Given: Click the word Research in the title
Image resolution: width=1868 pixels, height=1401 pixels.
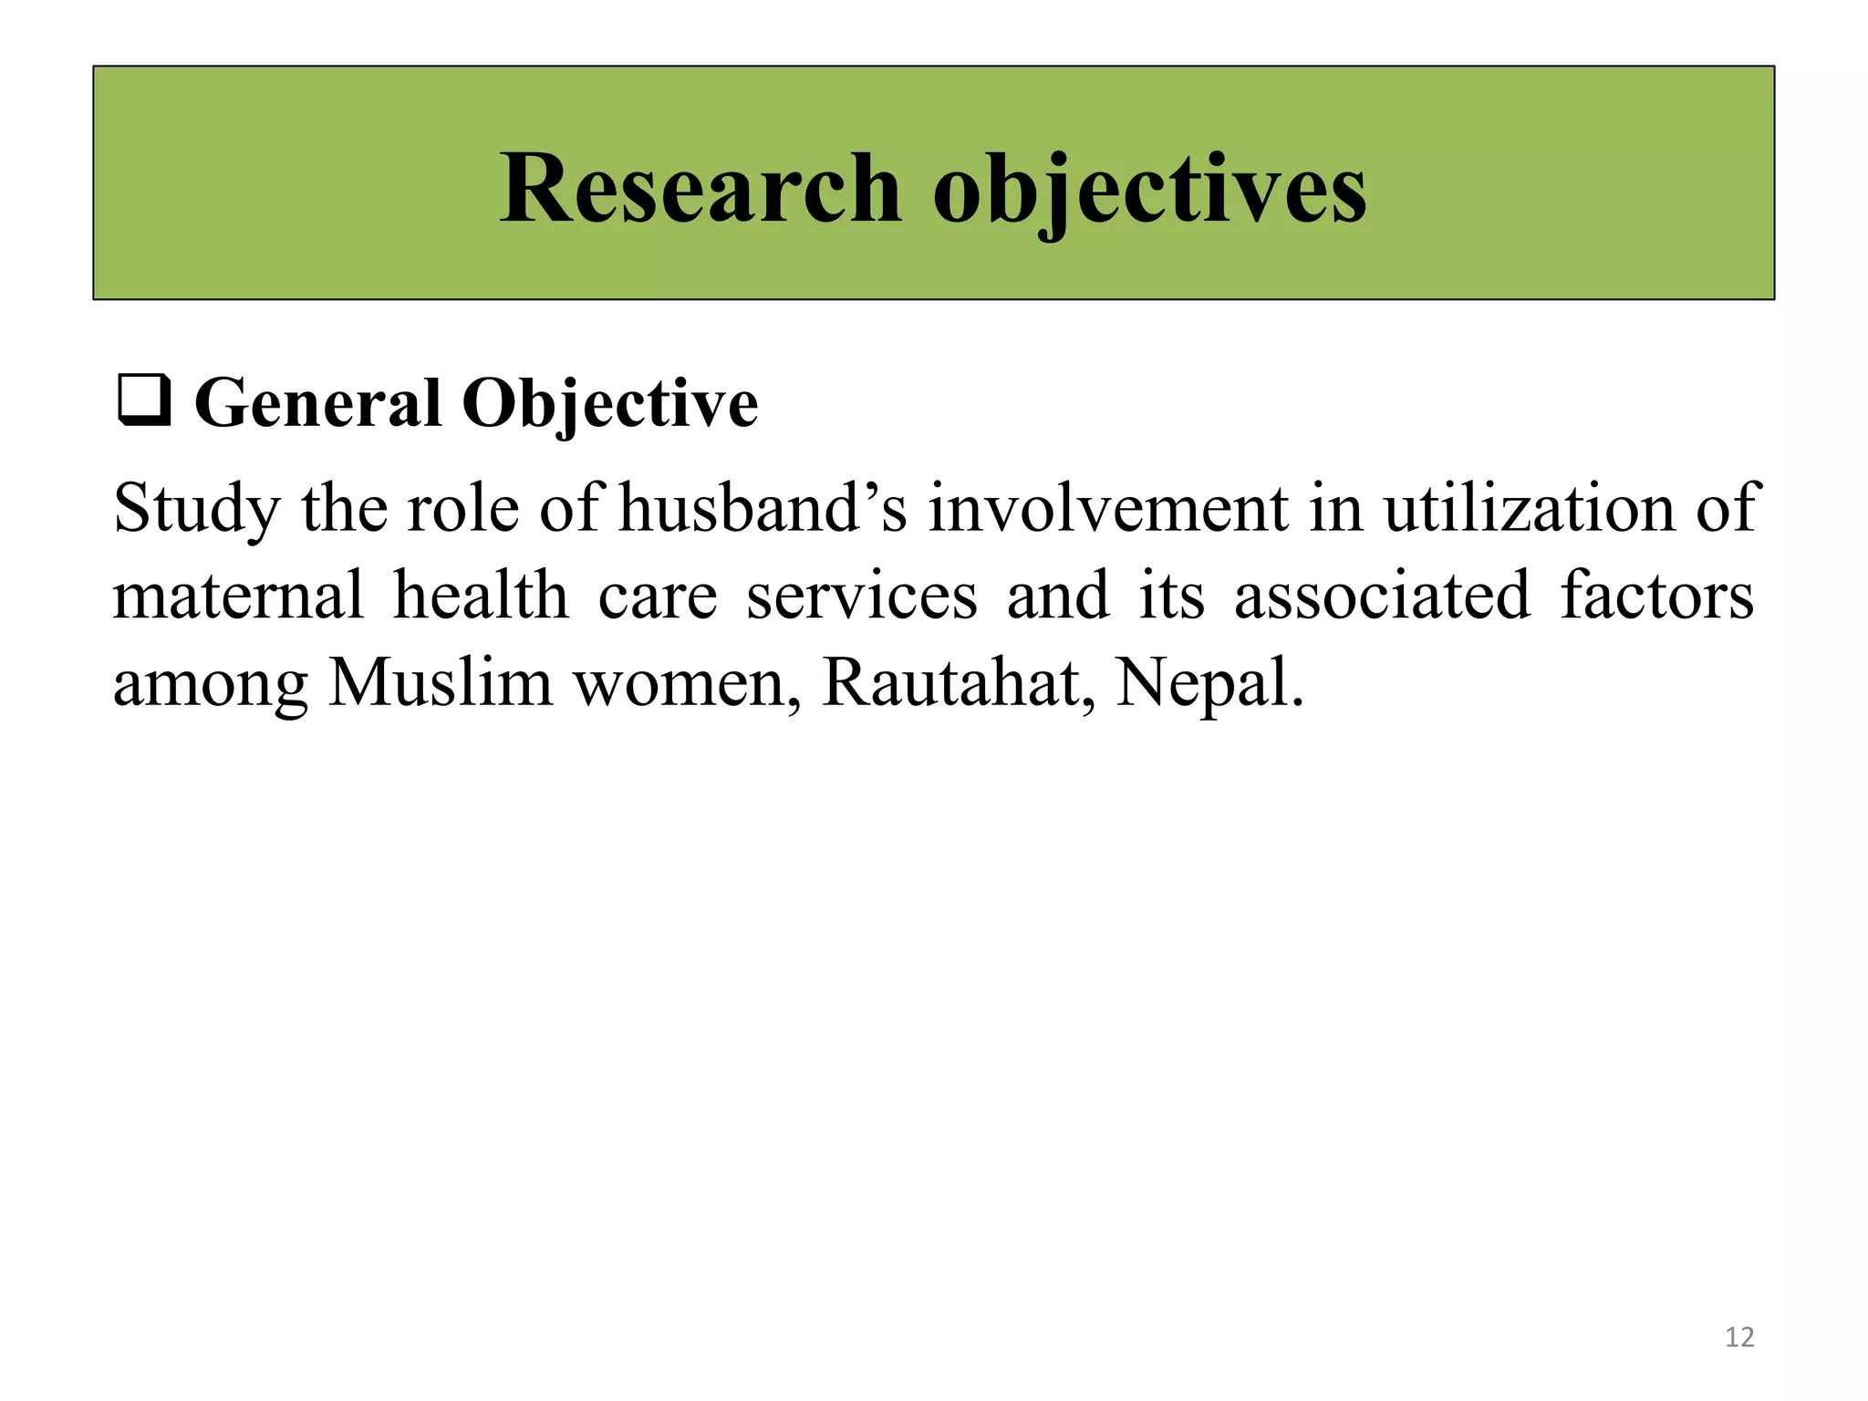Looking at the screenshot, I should click(x=700, y=189).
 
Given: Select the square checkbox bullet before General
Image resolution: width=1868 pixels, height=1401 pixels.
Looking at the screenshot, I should click(x=144, y=403).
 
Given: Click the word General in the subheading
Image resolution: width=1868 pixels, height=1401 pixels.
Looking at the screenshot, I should click(x=317, y=403).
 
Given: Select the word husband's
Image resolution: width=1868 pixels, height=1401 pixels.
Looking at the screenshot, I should click(x=763, y=508).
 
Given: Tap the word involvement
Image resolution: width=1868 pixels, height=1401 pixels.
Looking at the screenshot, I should click(x=1107, y=508).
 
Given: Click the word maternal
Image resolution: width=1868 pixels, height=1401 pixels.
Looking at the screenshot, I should click(x=239, y=596).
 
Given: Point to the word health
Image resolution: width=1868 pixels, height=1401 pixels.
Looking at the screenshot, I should click(x=481, y=596).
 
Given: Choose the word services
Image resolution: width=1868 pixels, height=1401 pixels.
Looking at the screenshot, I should click(x=862, y=596).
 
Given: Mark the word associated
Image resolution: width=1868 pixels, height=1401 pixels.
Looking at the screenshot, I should click(x=1382, y=596).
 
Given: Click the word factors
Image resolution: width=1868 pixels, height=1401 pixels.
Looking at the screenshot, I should click(x=1656, y=596).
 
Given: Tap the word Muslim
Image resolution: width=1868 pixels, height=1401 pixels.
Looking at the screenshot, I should click(x=441, y=682).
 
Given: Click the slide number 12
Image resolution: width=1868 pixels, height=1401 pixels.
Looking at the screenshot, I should click(x=1739, y=1337).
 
